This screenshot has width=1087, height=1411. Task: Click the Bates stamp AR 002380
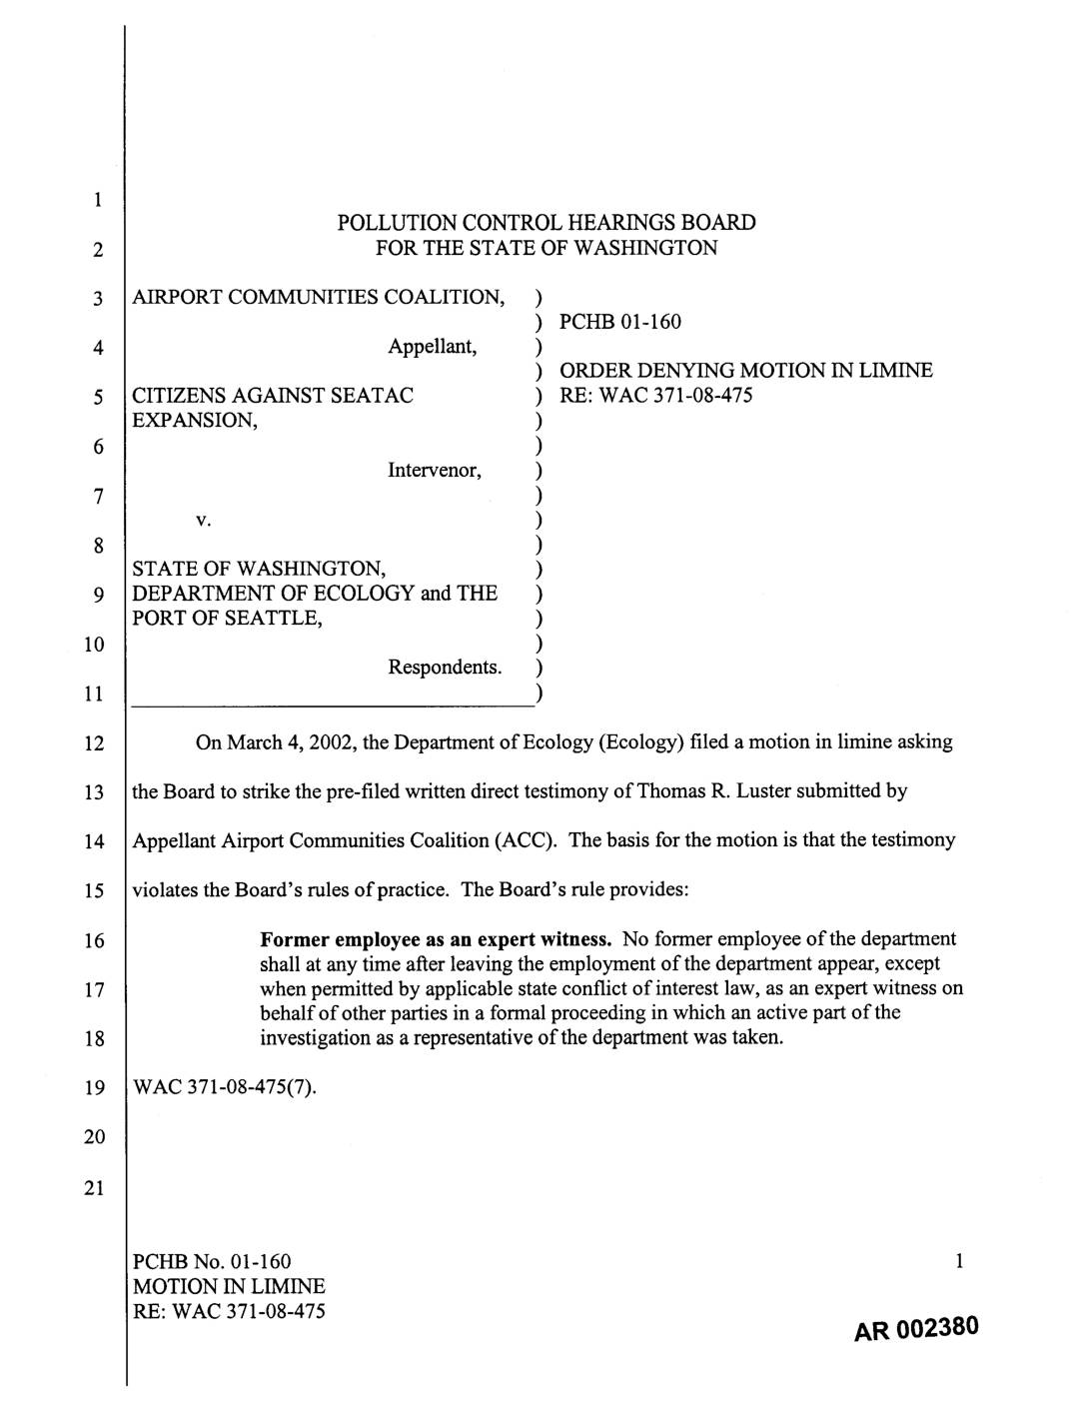[915, 1330]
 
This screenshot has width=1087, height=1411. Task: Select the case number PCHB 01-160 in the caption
[620, 321]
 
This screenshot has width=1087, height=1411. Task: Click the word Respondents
[445, 667]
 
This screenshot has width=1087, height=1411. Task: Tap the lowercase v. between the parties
[202, 520]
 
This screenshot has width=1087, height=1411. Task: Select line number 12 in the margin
[94, 743]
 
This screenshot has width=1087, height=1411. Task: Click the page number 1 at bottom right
[959, 1263]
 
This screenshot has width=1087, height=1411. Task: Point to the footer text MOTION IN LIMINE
[229, 1287]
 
